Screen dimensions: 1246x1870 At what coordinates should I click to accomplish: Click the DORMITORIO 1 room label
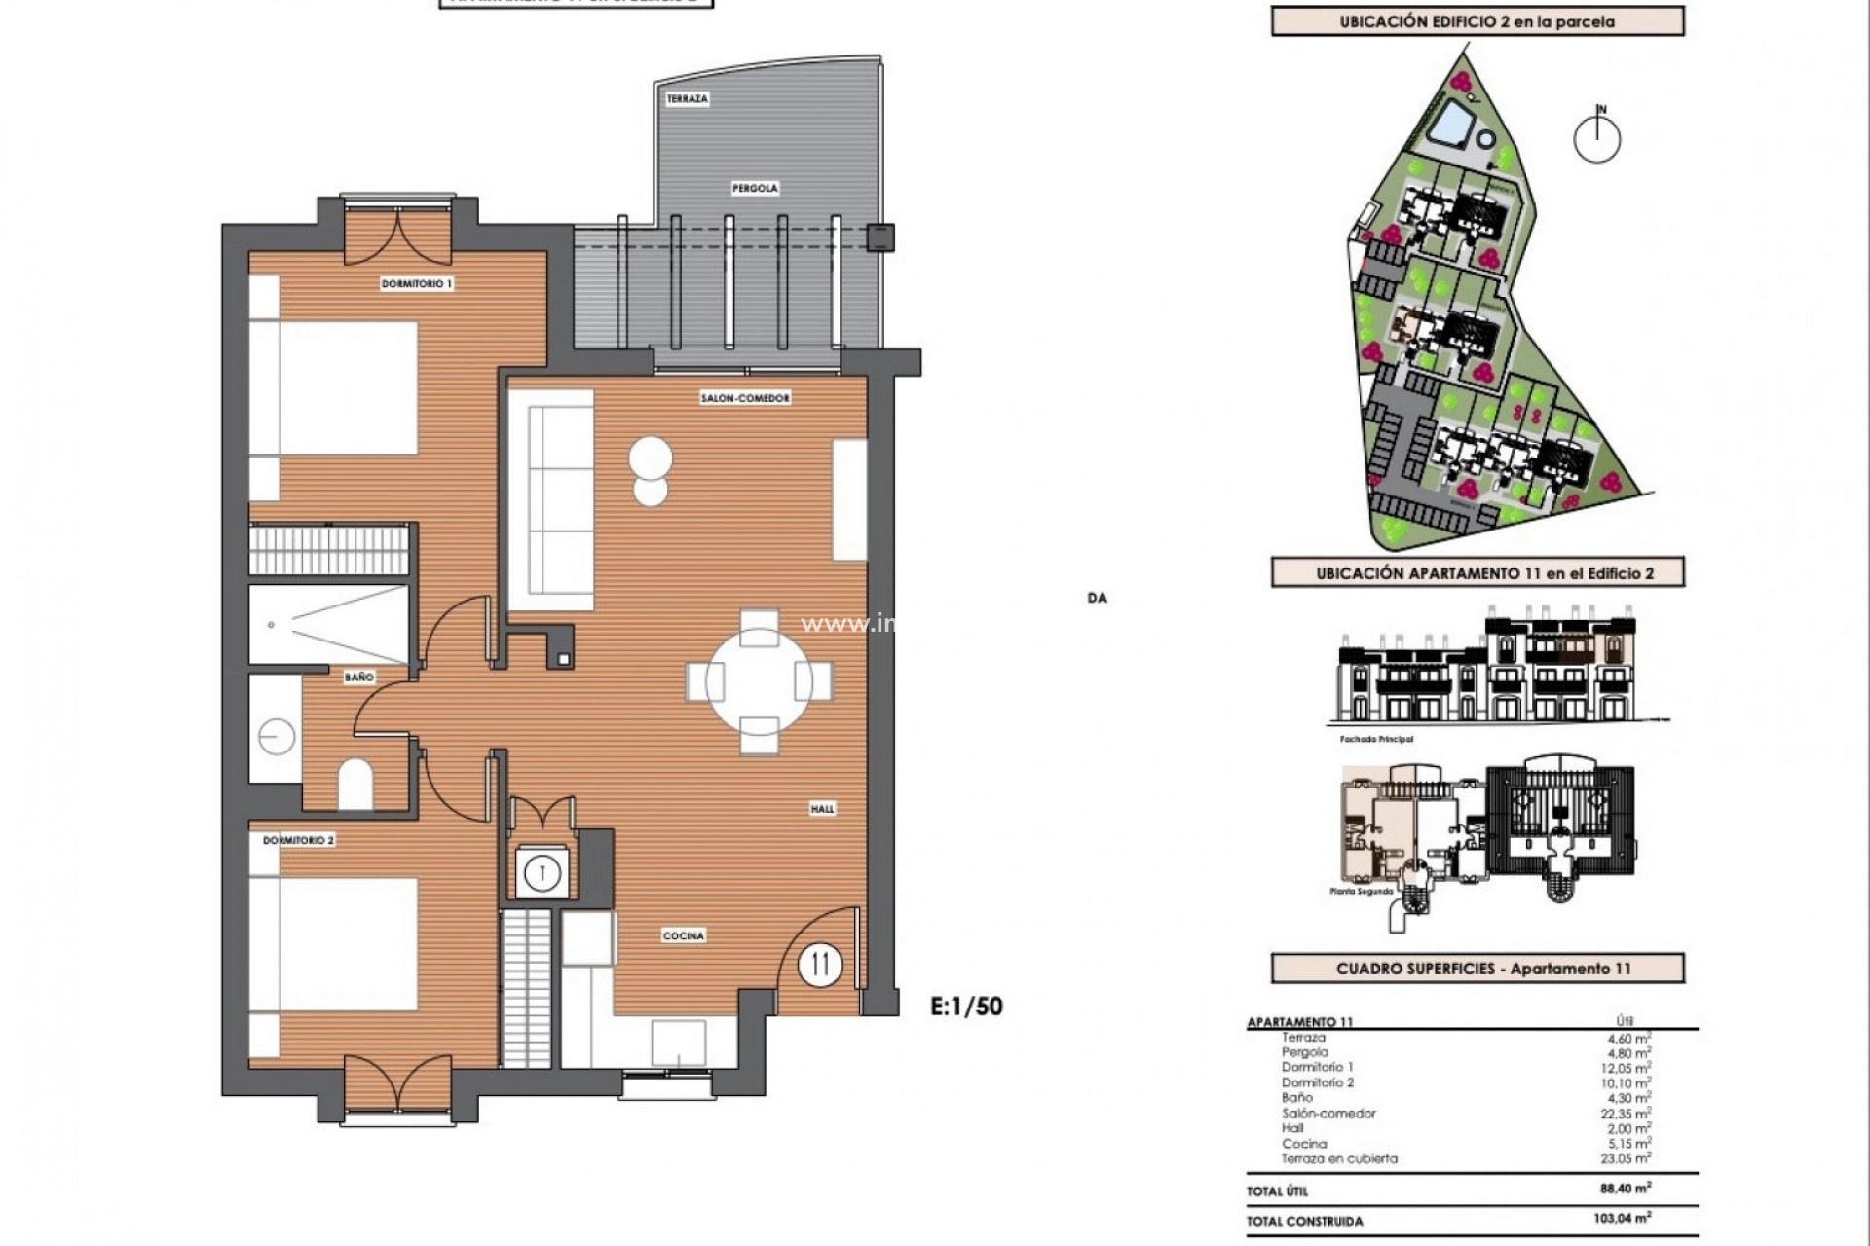pos(417,284)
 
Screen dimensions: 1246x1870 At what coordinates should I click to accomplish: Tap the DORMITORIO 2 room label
pos(299,840)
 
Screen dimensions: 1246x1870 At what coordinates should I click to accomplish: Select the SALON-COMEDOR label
pos(745,398)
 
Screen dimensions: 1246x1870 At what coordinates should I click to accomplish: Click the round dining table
pos(759,680)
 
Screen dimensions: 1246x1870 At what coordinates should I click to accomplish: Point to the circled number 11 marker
pos(819,965)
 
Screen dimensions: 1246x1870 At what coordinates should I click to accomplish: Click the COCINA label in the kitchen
pos(684,936)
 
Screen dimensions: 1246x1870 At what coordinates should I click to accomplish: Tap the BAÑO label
pos(358,677)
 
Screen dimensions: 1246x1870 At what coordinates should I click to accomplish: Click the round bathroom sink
pos(277,737)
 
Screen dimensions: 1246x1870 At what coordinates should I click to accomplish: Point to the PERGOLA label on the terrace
pos(756,188)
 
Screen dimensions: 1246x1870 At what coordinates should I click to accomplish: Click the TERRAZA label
pos(688,99)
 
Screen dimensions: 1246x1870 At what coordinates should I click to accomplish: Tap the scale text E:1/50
pos(966,1006)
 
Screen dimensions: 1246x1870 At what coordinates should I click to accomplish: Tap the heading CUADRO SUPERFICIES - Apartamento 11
pos(1477,969)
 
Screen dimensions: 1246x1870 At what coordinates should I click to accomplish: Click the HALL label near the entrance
pos(822,809)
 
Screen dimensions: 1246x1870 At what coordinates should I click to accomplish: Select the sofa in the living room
pos(552,501)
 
